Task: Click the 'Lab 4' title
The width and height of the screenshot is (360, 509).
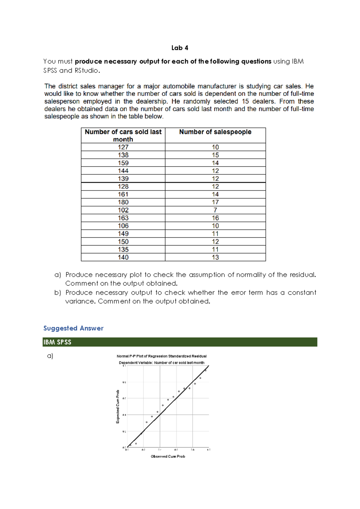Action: click(180, 48)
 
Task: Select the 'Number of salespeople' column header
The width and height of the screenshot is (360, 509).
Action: click(215, 132)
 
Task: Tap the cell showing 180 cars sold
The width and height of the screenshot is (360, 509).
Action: click(123, 202)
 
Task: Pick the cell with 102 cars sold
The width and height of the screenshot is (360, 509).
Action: click(123, 210)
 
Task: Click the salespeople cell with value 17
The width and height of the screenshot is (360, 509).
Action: click(215, 202)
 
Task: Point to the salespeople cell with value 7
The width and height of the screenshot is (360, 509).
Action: click(215, 210)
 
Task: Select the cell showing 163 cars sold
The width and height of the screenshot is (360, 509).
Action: click(123, 218)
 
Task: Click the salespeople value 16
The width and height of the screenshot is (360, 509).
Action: click(215, 218)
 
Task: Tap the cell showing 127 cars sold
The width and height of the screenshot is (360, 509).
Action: click(123, 147)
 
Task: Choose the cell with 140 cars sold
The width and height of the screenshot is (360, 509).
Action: click(123, 257)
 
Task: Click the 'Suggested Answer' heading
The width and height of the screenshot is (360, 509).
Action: click(73, 328)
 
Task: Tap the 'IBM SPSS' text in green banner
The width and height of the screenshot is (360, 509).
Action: click(57, 342)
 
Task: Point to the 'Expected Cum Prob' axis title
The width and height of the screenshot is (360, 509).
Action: click(118, 407)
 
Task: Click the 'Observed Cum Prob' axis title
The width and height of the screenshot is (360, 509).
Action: click(168, 456)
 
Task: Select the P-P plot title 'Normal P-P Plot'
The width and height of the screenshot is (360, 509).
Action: click(161, 356)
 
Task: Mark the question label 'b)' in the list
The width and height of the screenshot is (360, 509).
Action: click(58, 293)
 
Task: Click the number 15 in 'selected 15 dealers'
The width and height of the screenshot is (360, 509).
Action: click(245, 101)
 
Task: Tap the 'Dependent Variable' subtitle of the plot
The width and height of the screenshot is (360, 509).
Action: click(161, 363)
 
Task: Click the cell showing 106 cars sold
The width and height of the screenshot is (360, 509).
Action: click(123, 226)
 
